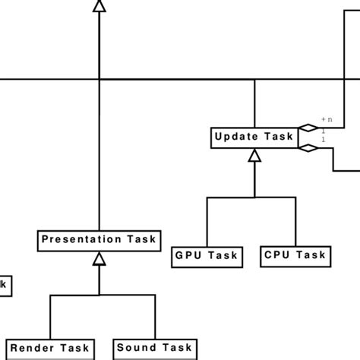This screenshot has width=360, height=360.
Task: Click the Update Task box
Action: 254,137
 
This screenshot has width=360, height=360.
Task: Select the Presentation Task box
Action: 99,240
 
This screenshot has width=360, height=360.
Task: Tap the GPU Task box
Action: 207,256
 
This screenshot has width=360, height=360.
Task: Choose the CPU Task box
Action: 295,256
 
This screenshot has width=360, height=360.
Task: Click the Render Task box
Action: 49,349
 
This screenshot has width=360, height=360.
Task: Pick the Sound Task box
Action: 156,349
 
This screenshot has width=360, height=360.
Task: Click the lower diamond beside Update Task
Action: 308,148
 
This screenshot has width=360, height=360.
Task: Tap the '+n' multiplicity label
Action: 327,119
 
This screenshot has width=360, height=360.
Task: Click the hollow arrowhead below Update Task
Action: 254,156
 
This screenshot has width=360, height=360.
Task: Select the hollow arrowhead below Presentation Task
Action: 99,259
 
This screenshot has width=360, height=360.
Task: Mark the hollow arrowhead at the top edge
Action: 99,6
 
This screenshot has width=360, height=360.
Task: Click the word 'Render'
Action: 31,349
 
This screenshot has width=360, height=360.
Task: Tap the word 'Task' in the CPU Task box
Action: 311,256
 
